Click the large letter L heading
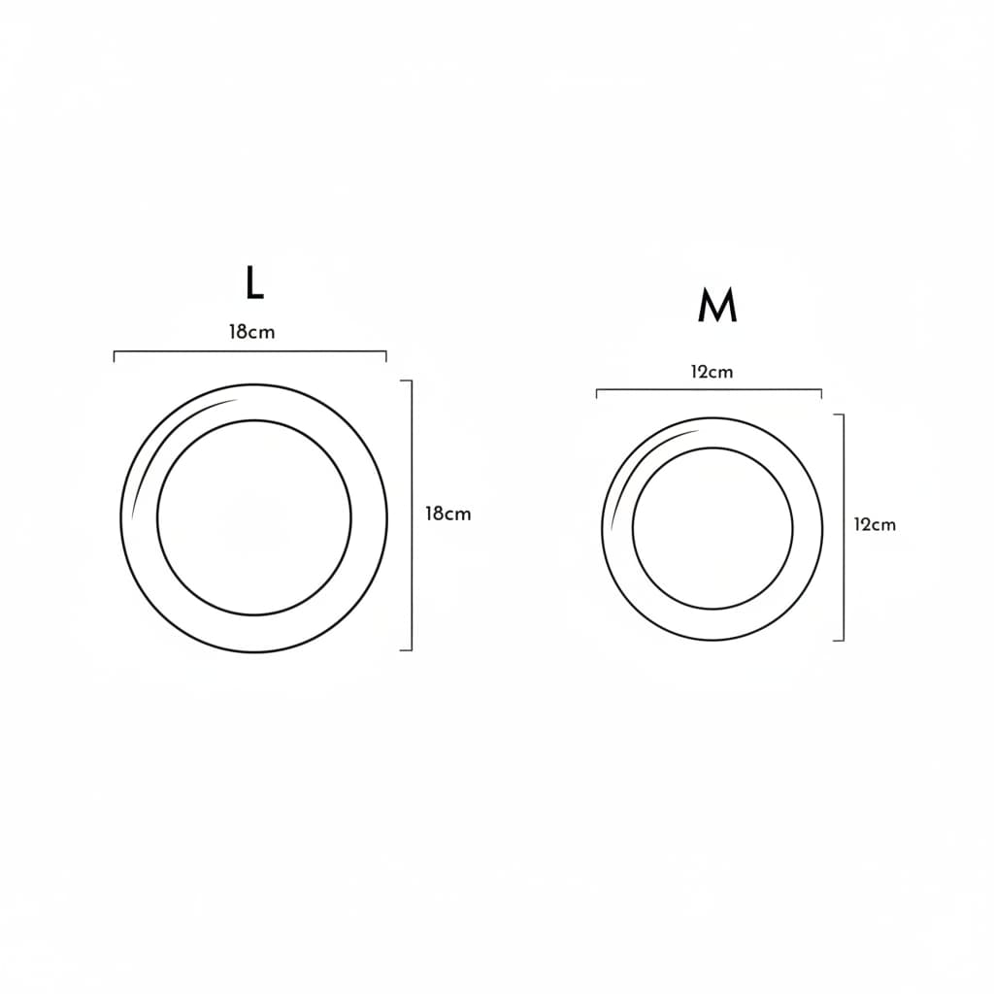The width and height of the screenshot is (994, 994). [253, 282]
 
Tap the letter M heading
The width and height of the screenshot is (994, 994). [717, 306]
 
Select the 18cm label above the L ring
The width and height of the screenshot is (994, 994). [251, 332]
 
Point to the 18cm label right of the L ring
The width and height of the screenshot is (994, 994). [447, 514]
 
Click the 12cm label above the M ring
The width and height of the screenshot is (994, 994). [712, 372]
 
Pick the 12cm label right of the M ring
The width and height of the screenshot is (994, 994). [875, 525]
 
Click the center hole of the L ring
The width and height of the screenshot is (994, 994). [253, 517]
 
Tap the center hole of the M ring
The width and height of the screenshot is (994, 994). [712, 529]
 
